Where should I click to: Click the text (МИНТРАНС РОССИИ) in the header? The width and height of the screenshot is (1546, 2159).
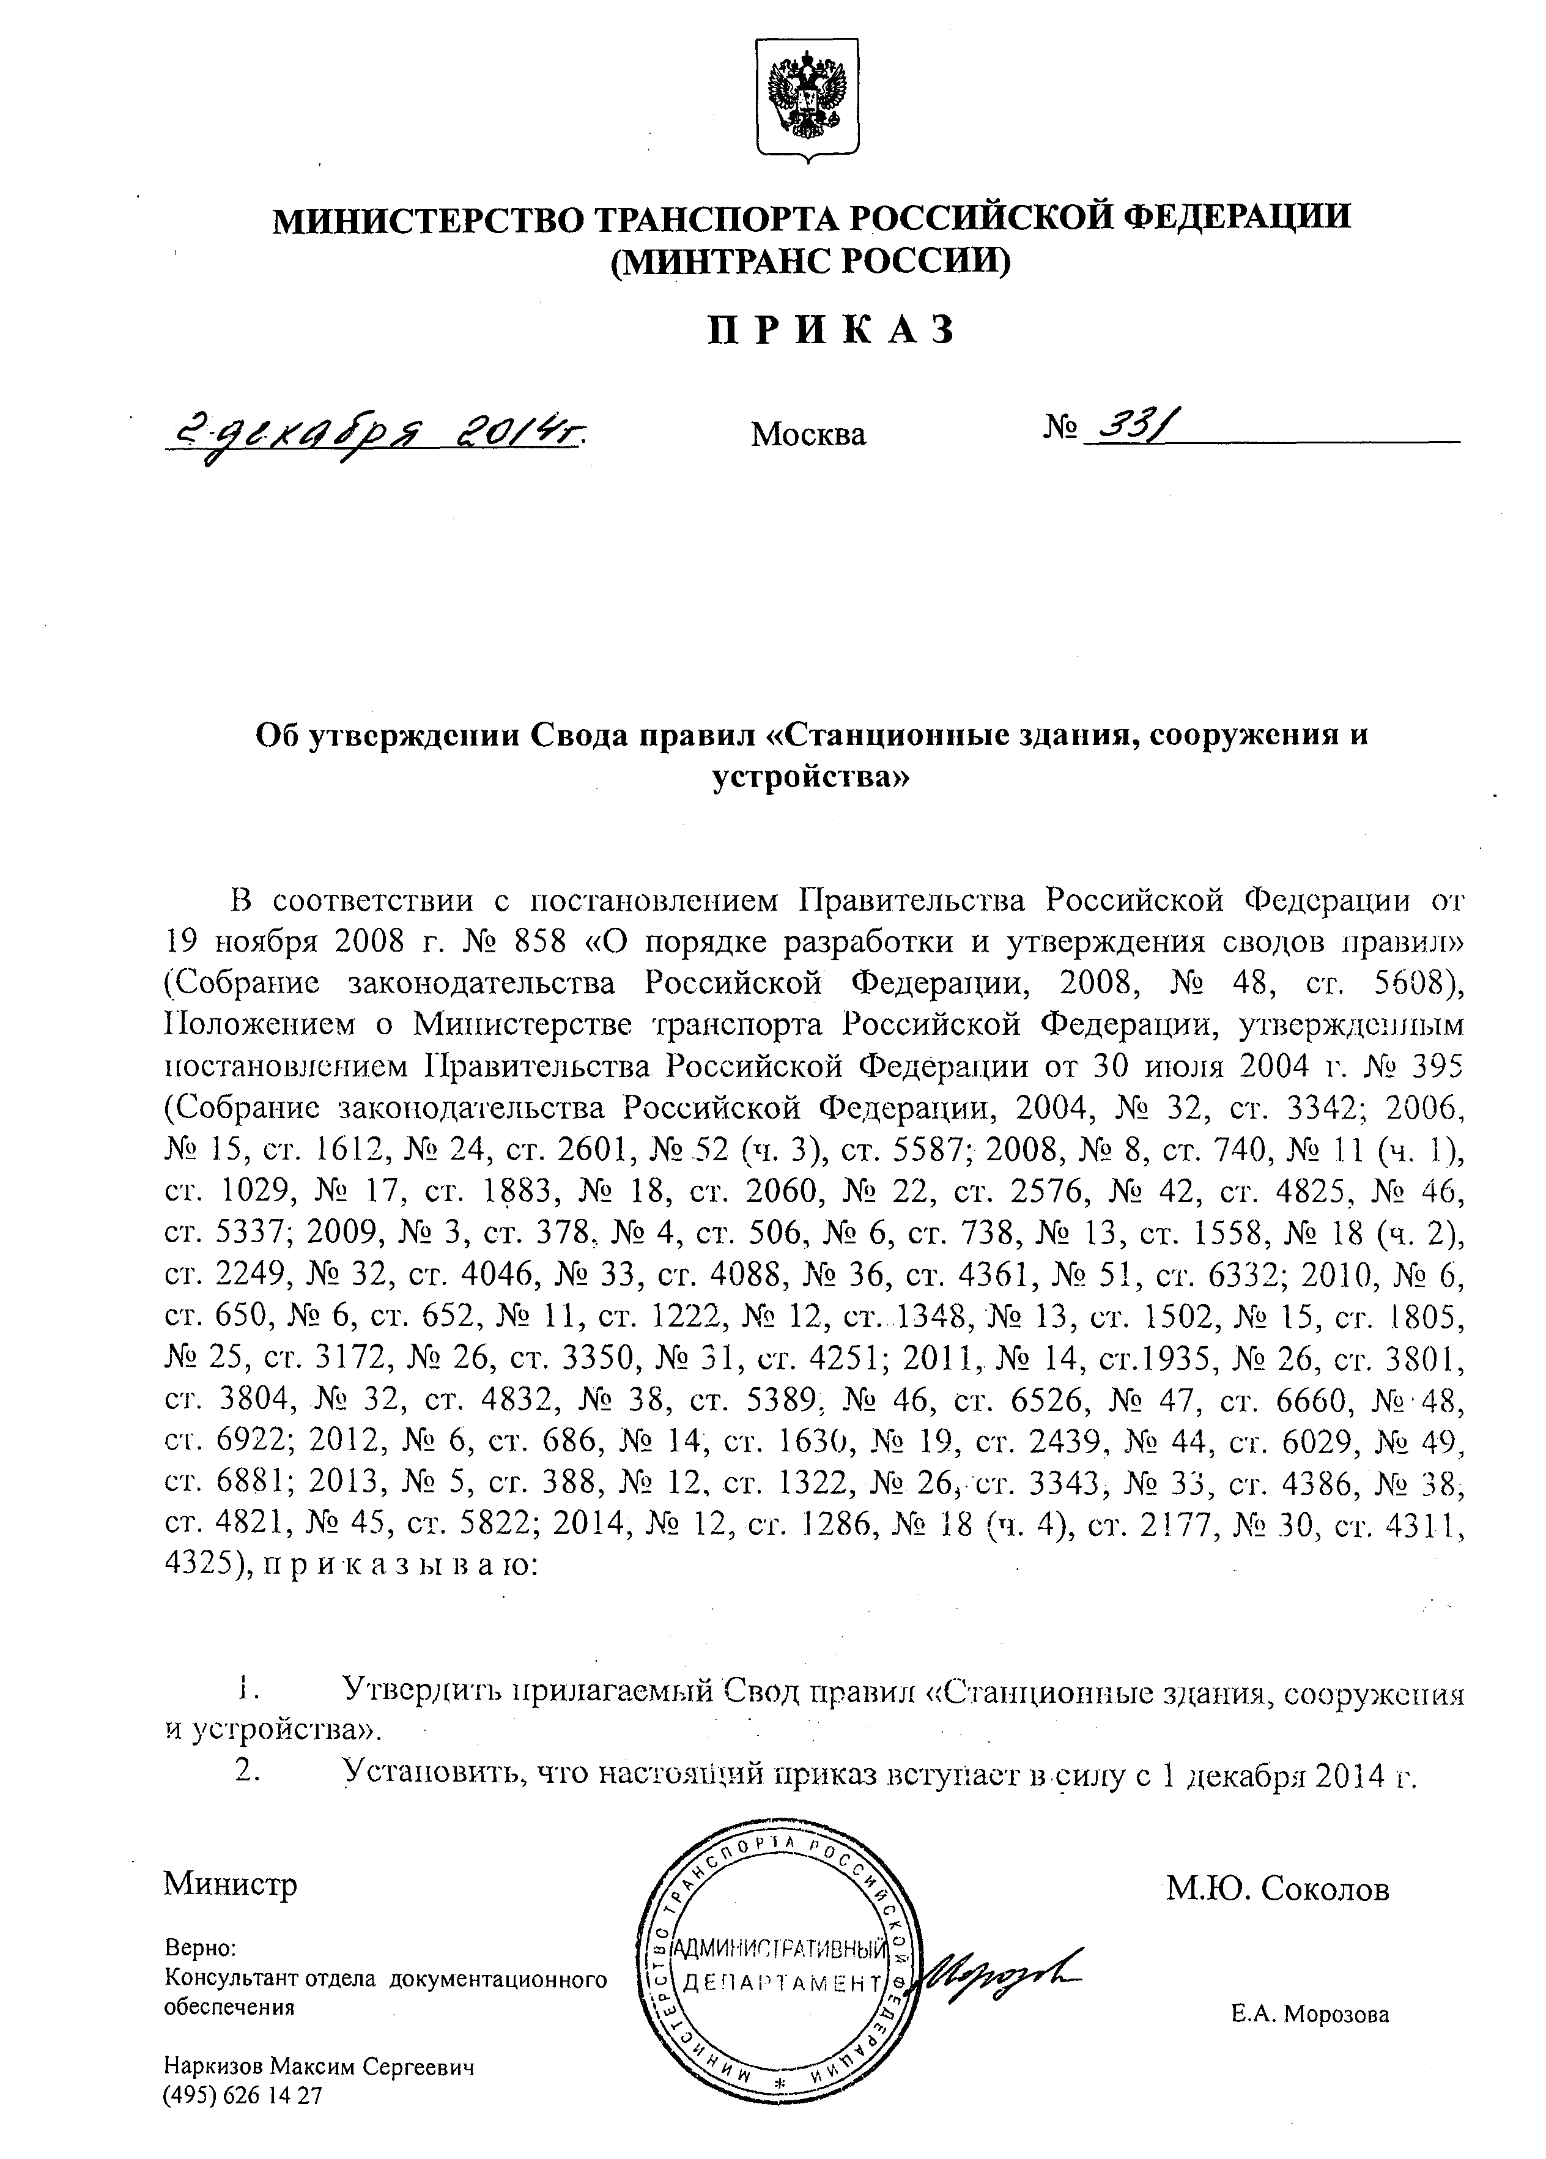(810, 259)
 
